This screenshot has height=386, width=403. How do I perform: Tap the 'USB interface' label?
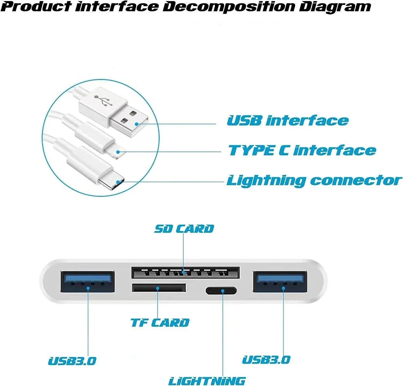[x=288, y=121]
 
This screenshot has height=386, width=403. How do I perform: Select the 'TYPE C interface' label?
[x=302, y=151]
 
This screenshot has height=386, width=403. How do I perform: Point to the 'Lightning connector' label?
[x=314, y=181]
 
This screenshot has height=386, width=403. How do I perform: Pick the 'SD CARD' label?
[x=184, y=229]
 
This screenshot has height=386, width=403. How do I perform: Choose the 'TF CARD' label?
[x=160, y=323]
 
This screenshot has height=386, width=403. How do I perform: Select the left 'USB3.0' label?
[x=72, y=361]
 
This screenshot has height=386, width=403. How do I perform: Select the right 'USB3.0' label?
[x=266, y=360]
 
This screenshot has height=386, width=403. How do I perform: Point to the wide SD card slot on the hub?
[x=185, y=273]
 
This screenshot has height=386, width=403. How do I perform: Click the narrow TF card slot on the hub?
[x=159, y=288]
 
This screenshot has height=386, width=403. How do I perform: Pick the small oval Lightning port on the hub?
[x=221, y=291]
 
